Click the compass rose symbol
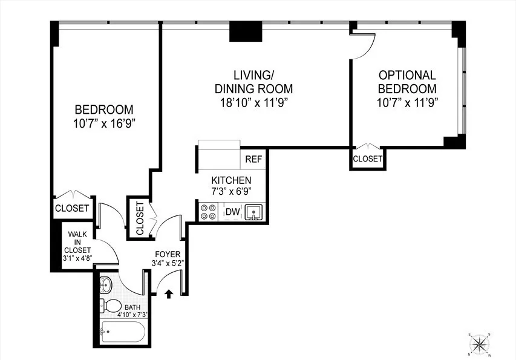pos(481,344)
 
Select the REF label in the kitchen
pos(253,160)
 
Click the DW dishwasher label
pos(232,212)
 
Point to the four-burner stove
pos(209,212)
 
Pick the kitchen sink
pos(254,212)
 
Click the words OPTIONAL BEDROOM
pos(407,82)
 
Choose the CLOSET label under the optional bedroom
pos(368,159)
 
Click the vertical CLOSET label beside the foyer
pos(140,218)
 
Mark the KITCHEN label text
pos(230,180)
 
